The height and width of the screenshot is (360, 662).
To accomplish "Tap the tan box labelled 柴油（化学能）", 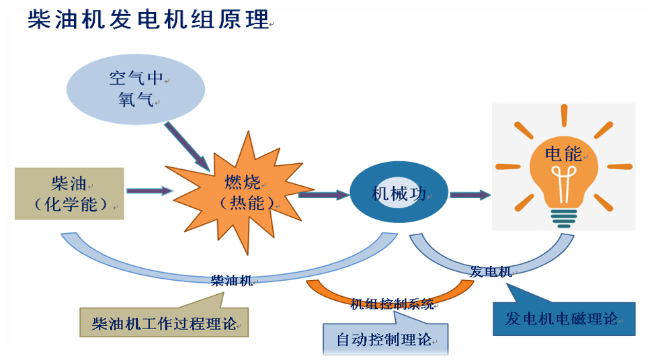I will point(69,193).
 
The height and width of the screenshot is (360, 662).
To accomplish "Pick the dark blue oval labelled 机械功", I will point(399,194).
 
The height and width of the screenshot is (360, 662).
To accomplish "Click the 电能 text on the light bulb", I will point(564,154).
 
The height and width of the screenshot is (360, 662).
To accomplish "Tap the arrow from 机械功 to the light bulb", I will point(470,195).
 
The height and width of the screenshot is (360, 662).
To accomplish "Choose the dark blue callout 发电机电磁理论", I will point(564,318).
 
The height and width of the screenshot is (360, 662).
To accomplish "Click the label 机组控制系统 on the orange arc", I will point(392,304).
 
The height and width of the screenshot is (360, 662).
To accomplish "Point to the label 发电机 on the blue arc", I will point(490,271).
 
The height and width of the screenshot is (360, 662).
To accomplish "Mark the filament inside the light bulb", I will point(564,180).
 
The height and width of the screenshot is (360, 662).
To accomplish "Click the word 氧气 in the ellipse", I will point(136,100).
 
